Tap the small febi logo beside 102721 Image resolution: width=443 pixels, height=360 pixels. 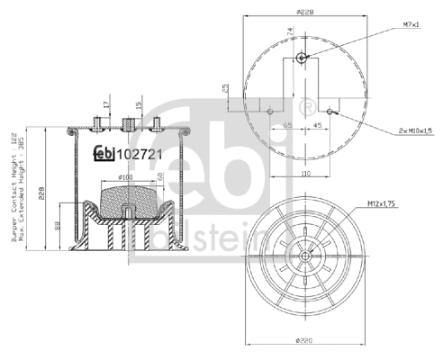point(106,153)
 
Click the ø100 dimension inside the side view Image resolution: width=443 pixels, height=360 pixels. point(125,177)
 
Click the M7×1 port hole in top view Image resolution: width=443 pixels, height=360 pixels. point(302,58)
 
